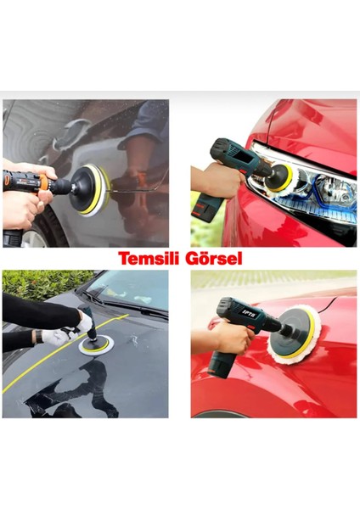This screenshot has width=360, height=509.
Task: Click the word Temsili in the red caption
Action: coord(146,258)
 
